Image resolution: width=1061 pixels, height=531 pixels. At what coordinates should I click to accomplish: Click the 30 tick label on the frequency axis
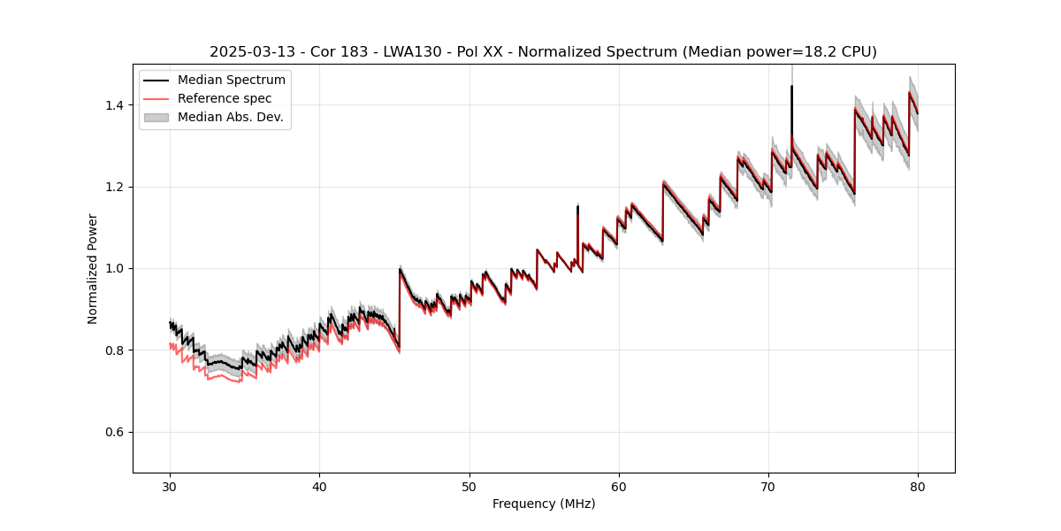click(x=170, y=487)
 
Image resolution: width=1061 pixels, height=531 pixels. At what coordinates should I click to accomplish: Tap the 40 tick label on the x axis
click(x=319, y=487)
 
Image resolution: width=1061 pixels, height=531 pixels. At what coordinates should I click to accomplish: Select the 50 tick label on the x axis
click(x=469, y=487)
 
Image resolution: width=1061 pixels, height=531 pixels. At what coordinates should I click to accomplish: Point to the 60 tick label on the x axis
click(x=619, y=487)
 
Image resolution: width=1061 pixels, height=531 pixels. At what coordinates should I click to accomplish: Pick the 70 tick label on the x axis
click(x=768, y=487)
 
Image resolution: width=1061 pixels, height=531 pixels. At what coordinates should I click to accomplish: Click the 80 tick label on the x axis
click(x=918, y=487)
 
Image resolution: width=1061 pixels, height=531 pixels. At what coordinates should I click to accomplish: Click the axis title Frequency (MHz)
click(x=544, y=504)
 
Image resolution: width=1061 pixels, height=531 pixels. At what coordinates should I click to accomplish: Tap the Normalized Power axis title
click(x=93, y=268)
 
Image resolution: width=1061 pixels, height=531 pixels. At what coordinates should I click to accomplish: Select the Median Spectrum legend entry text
click(x=232, y=81)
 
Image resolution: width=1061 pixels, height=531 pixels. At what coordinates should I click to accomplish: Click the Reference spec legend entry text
click(x=225, y=98)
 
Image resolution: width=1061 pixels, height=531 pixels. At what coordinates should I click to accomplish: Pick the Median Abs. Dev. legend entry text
click(x=231, y=117)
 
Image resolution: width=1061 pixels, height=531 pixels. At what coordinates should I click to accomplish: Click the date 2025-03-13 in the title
click(x=248, y=52)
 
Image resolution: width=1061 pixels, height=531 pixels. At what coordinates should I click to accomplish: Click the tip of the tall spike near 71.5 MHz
click(x=791, y=87)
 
